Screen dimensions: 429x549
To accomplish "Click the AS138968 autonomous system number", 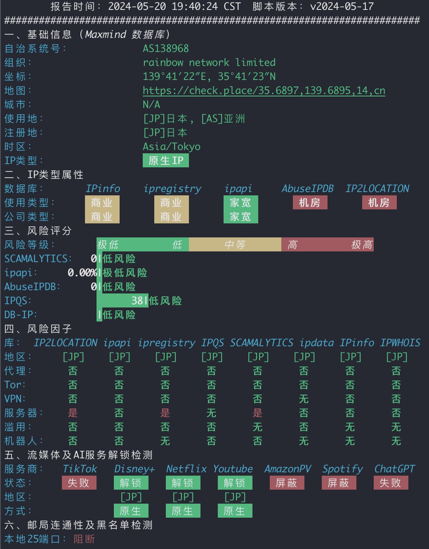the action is [x=165, y=49].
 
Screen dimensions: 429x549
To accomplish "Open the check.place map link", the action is [x=264, y=91].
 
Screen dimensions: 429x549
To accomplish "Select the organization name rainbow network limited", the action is [x=209, y=62].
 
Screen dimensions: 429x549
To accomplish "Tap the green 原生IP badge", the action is [x=165, y=161].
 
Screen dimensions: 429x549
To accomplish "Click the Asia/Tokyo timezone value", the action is [x=172, y=147].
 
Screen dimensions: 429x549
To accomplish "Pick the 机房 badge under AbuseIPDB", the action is [x=310, y=203].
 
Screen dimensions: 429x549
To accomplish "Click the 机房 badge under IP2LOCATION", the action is [x=379, y=203].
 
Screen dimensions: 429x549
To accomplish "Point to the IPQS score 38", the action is [x=137, y=300].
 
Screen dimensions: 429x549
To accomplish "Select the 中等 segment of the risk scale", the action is [x=235, y=244].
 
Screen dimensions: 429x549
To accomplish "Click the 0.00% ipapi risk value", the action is [x=82, y=273].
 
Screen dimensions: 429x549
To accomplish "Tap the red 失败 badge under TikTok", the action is [x=79, y=483].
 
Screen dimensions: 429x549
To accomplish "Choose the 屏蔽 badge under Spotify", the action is [x=339, y=483].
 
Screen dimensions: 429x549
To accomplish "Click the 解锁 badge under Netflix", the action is [x=183, y=483].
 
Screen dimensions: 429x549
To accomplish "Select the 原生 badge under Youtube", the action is [x=235, y=511].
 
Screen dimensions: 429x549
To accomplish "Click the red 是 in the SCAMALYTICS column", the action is [x=257, y=413].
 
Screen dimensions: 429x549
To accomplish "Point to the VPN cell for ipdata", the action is [x=304, y=399].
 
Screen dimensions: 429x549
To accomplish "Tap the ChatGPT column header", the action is [x=394, y=469].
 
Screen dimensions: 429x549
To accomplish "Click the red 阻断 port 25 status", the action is [x=84, y=539].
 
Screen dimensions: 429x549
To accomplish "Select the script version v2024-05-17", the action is [x=342, y=6].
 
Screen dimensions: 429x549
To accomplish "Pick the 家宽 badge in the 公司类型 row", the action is [x=240, y=216].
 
